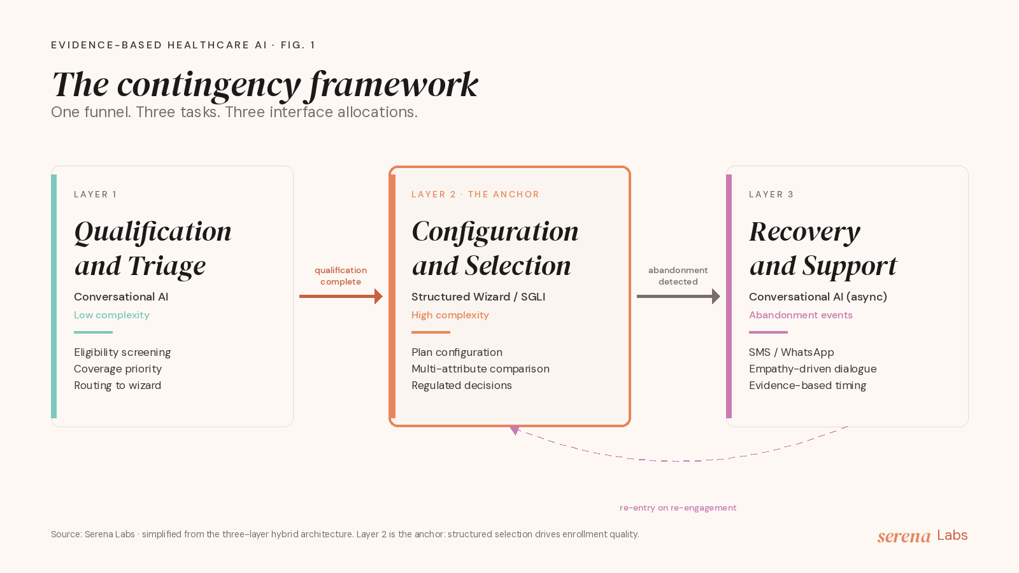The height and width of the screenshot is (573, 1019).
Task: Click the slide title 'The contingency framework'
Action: (265, 85)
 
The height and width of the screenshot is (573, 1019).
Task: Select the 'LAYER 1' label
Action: (96, 194)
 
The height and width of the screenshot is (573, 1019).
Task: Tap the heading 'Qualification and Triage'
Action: (153, 248)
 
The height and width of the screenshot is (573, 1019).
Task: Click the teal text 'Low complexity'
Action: (111, 315)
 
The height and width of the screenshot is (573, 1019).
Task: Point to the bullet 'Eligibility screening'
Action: (122, 353)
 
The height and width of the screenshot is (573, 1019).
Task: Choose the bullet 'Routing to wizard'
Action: (117, 386)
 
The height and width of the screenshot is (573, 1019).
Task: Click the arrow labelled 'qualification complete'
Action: (341, 297)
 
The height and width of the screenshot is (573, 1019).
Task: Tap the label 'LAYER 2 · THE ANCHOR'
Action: (475, 194)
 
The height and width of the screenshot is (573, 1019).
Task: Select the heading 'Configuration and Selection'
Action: (495, 248)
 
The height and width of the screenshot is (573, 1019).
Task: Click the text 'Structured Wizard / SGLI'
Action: (478, 297)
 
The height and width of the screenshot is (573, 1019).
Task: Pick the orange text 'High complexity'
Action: (450, 315)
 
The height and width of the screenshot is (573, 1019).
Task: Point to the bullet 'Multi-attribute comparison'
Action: (480, 369)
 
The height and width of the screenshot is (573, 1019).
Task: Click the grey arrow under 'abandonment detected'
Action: (678, 297)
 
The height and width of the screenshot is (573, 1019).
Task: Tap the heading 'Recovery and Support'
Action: (823, 248)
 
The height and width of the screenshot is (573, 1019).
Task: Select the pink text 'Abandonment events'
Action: (801, 315)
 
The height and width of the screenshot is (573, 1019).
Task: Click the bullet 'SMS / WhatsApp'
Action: (791, 353)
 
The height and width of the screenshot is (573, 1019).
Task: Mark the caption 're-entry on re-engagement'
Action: (678, 507)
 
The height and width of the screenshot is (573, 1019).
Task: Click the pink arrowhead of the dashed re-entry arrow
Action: (515, 430)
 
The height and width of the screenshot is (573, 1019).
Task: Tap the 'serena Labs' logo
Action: (922, 535)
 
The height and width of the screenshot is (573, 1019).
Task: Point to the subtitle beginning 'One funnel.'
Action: (234, 112)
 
